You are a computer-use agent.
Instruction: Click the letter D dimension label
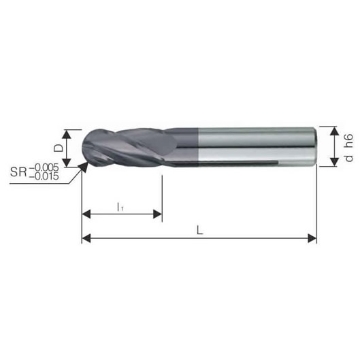click(58, 148)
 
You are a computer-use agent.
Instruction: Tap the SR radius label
click(18, 171)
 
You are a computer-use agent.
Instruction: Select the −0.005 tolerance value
click(44, 167)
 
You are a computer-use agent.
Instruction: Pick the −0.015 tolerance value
click(44, 176)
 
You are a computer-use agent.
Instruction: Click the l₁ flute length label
click(120, 207)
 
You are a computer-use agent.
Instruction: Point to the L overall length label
click(200, 230)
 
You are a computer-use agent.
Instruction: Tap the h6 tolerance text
click(348, 141)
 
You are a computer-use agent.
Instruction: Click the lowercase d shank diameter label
click(348, 158)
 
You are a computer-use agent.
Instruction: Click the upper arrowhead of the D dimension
click(67, 134)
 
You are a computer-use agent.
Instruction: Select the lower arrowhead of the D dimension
click(67, 163)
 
